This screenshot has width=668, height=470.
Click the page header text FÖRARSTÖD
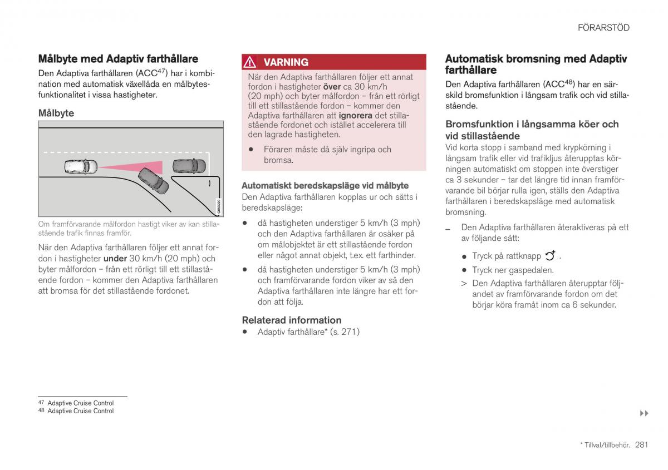coord(603,27)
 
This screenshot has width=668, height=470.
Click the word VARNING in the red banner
coord(286,62)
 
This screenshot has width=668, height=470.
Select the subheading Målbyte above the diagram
coord(56,113)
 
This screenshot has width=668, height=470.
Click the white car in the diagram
coord(81,166)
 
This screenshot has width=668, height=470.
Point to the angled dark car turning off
coord(153,180)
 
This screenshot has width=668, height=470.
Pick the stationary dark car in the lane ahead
coord(189,166)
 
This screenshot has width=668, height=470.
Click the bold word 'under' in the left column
coord(115,259)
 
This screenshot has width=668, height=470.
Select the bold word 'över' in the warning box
coord(332,87)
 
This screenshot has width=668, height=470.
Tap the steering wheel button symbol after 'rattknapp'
coord(550,256)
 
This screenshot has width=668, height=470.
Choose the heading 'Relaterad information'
coord(291,320)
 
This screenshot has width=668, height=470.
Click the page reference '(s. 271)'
coord(345,332)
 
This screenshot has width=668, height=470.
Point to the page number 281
coord(641,444)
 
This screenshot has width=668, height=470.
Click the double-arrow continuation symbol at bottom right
coord(644,413)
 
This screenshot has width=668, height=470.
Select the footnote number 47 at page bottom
coord(41,402)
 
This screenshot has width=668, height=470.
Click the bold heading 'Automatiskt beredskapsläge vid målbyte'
coord(325,186)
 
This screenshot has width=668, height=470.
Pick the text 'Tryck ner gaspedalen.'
coord(513,270)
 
